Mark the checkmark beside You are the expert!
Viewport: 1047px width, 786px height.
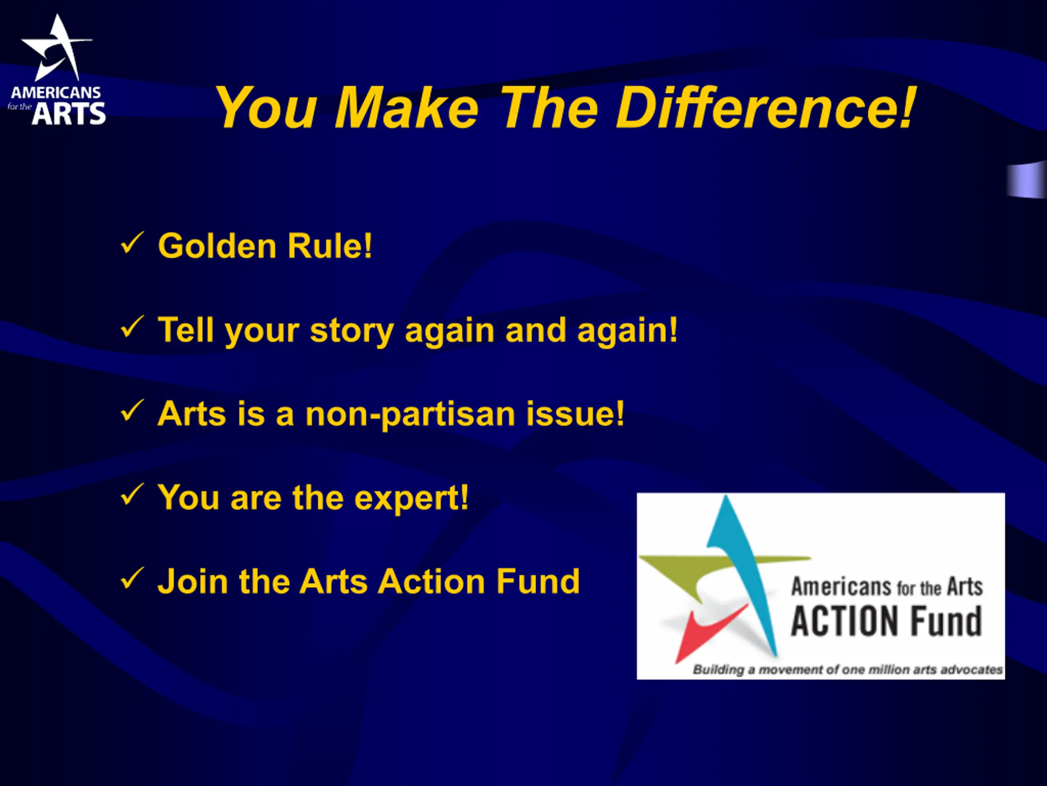pyautogui.click(x=132, y=495)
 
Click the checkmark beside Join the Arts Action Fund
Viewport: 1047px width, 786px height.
pyautogui.click(x=132, y=578)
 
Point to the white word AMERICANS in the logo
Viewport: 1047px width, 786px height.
pyautogui.click(x=56, y=93)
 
